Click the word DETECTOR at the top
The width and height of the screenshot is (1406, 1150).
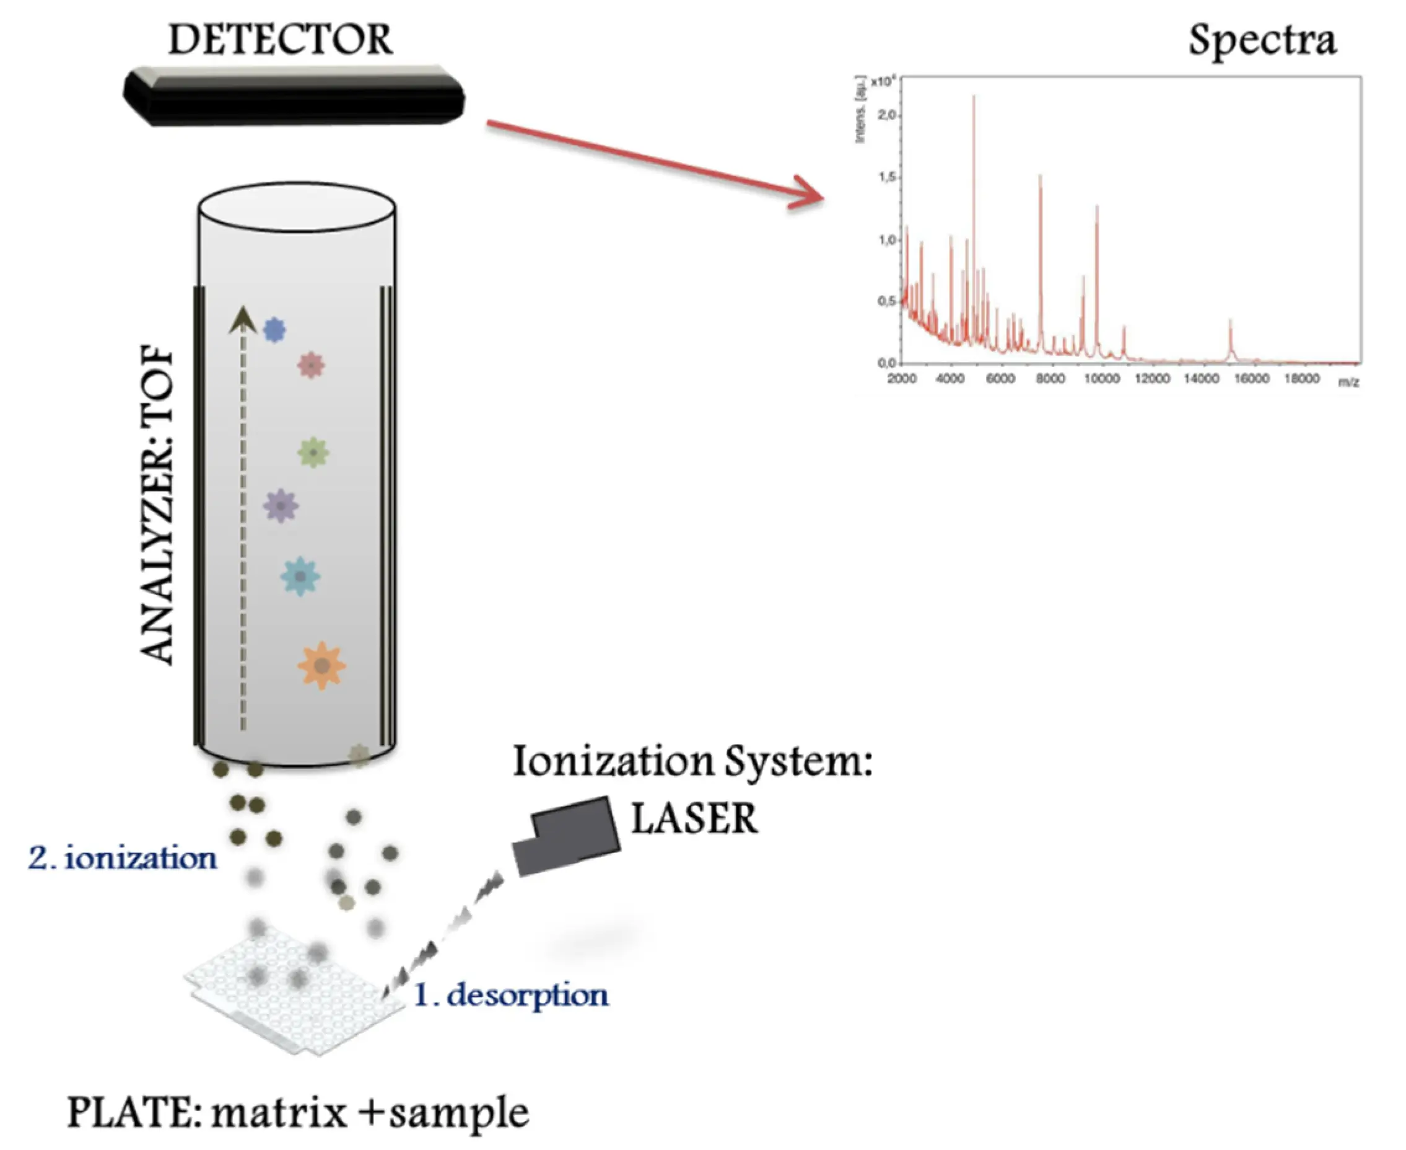pyautogui.click(x=280, y=39)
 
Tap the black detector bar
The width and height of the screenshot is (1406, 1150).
pyautogui.click(x=294, y=98)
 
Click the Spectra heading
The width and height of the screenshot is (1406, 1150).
pyautogui.click(x=1262, y=41)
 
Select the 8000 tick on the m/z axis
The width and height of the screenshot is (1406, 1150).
pyautogui.click(x=1050, y=379)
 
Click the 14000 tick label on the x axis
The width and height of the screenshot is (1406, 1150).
pyautogui.click(x=1201, y=379)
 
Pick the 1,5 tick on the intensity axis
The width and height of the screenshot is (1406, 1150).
pyautogui.click(x=886, y=177)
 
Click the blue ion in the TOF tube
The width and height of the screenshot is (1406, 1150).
pyautogui.click(x=274, y=329)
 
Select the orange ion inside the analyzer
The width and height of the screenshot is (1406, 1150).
pyautogui.click(x=321, y=665)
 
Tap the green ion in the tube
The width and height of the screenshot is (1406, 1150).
pyautogui.click(x=313, y=453)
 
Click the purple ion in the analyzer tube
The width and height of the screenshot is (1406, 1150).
pyautogui.click(x=281, y=505)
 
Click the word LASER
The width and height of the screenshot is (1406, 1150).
pyautogui.click(x=694, y=819)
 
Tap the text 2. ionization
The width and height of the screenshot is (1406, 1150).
pyautogui.click(x=123, y=859)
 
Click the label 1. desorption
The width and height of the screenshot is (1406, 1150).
pyautogui.click(x=510, y=994)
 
